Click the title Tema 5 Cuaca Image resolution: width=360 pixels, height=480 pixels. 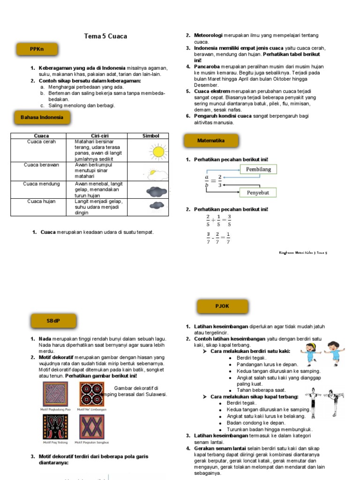point(105,36)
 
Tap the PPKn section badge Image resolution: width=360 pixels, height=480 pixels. point(37,49)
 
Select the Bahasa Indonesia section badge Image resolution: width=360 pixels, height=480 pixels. point(42,117)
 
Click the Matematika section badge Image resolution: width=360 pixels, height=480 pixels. point(211,141)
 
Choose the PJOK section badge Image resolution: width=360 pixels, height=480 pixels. point(222,306)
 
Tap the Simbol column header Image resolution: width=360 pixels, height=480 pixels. point(150,136)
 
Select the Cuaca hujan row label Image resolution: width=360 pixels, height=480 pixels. point(41,202)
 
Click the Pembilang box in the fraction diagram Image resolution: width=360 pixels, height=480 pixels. point(258,169)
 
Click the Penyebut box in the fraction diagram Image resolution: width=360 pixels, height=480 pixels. point(258,192)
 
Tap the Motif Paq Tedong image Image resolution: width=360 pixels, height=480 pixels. point(55,426)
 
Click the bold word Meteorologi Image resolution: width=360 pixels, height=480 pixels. point(208,36)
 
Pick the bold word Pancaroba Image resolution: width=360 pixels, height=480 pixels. point(208,67)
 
